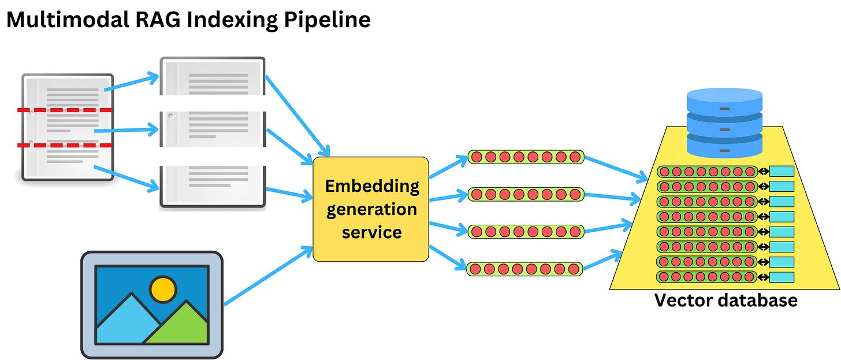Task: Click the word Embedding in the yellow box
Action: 371,186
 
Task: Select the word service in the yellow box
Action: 371,232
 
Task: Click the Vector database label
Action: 725,300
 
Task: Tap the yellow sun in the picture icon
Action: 163,288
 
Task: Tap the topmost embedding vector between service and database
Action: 526,157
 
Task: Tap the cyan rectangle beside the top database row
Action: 782,172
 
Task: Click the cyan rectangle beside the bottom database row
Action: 782,277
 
